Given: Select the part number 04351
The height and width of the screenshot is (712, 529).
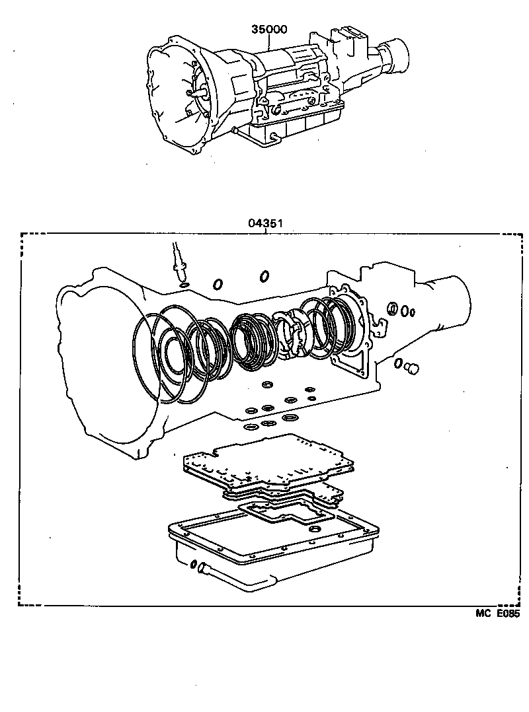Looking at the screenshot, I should (x=266, y=223).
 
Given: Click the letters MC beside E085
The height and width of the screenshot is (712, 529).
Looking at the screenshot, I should (x=483, y=614).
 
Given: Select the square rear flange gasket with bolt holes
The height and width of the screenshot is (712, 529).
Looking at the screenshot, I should (x=350, y=330).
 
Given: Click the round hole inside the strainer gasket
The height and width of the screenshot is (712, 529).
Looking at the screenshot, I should (x=315, y=529).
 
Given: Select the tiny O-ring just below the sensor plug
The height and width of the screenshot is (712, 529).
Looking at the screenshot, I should (x=184, y=285).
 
